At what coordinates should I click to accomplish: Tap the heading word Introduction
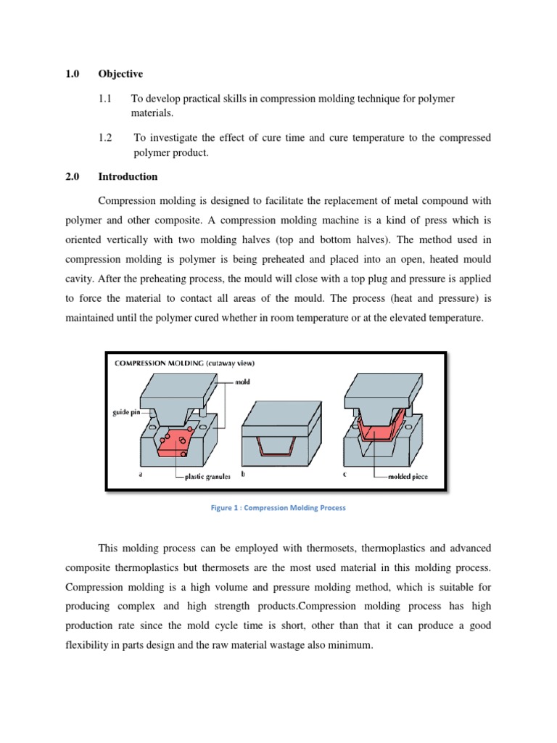(128, 176)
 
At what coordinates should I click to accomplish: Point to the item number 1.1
(105, 98)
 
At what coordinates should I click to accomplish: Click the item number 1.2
(105, 137)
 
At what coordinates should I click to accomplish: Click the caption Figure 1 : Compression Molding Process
(278, 508)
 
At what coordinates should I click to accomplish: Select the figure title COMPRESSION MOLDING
(157, 363)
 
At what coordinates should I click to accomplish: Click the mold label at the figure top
(243, 379)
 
